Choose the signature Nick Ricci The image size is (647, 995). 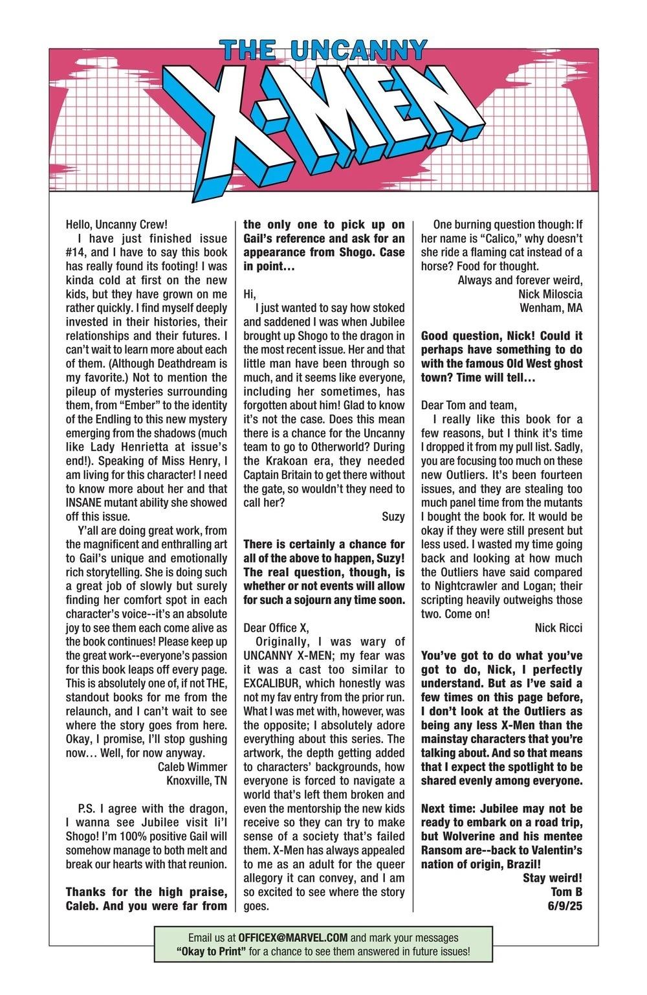(558, 627)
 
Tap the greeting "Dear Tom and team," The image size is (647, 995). (469, 405)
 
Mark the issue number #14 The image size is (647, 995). (78, 252)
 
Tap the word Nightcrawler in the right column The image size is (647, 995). (459, 586)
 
